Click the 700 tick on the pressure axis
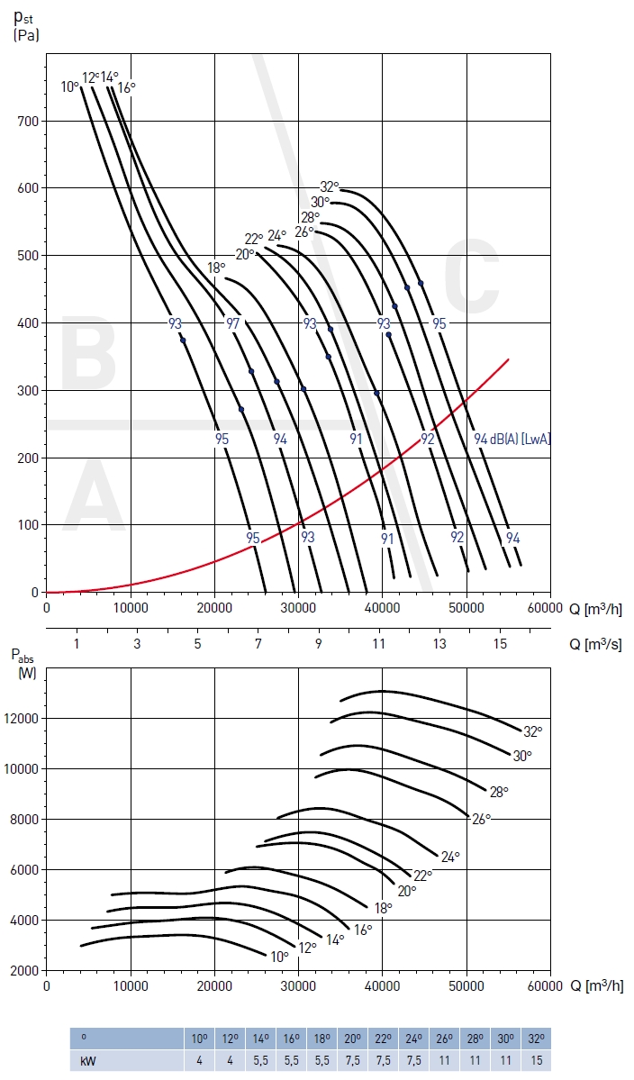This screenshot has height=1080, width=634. pos(28,121)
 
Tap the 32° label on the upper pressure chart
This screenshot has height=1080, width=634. pos(330,187)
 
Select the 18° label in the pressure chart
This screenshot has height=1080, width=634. pos(216,268)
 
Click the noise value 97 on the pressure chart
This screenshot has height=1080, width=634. pos(233,323)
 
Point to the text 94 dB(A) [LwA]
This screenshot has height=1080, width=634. pos(512,439)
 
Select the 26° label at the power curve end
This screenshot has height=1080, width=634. pos(482,819)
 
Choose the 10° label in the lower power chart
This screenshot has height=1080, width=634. pos(279,956)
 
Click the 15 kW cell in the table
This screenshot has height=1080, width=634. pos(538,1060)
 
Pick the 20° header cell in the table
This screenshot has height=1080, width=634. pos(352,1038)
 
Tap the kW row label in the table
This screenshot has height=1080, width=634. pos(88,1060)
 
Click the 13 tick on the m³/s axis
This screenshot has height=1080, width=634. pos(439,644)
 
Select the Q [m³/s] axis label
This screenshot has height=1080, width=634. pos(595,644)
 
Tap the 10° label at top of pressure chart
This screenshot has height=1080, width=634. pos(70,86)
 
